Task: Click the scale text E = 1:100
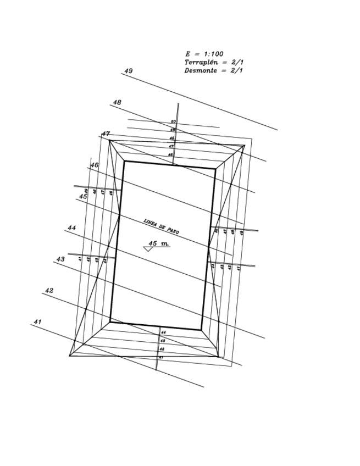[x=204, y=54]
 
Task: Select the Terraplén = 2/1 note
[x=213, y=62]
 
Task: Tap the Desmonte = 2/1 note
[x=213, y=70]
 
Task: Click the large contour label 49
[x=129, y=71]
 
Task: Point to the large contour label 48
[x=117, y=102]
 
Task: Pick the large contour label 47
[x=106, y=134]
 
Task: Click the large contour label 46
[x=95, y=165]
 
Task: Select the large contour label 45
[x=82, y=196]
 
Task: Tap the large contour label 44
[x=71, y=228]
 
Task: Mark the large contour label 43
[x=60, y=259]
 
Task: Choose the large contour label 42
[x=49, y=290]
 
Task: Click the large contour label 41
[x=37, y=321]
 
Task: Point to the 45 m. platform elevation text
[x=159, y=243]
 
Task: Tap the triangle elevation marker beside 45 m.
[x=148, y=249]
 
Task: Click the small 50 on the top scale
[x=173, y=121]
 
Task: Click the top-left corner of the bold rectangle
[x=124, y=161]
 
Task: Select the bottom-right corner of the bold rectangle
[x=201, y=330]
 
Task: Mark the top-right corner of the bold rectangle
[x=215, y=169]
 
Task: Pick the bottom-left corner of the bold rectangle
[x=110, y=322]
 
